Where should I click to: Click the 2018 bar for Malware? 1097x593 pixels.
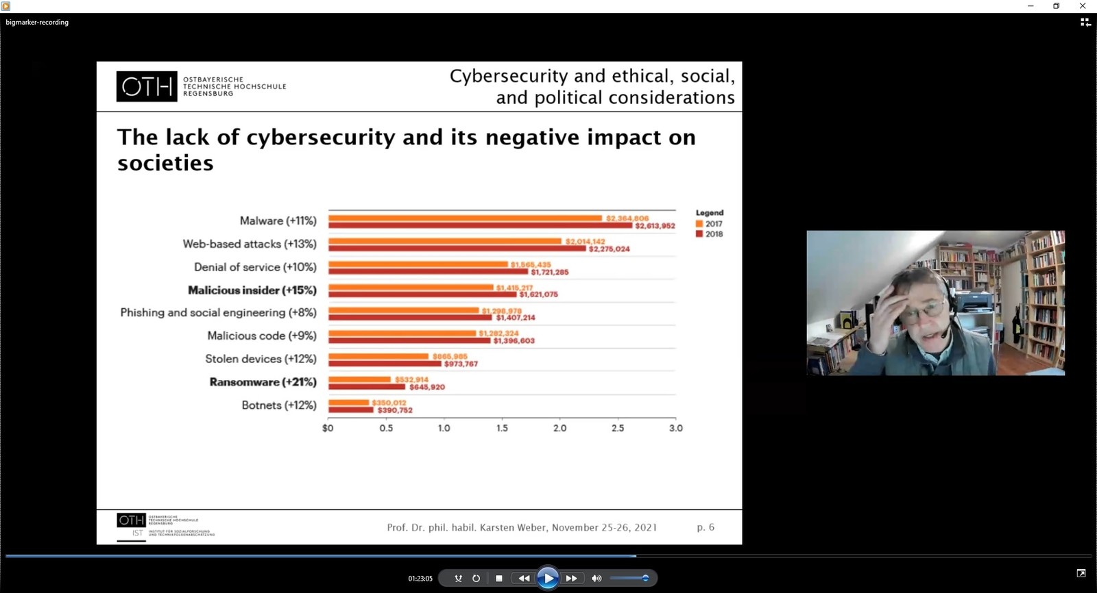[480, 225]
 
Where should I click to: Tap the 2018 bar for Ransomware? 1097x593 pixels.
[366, 387]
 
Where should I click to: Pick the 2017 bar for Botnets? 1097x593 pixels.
[348, 403]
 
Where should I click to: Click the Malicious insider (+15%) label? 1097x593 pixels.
[252, 290]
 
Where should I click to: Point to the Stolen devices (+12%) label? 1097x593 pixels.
[261, 359]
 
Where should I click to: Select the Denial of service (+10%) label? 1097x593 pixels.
[255, 267]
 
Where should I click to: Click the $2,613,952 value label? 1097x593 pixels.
[655, 226]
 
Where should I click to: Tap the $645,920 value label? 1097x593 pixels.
[427, 388]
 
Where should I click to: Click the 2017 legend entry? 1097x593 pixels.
[710, 224]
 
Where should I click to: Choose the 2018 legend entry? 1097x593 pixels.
[710, 234]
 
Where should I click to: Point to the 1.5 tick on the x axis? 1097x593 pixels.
[503, 428]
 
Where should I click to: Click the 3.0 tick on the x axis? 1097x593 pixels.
[676, 428]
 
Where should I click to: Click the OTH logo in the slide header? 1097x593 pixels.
[147, 86]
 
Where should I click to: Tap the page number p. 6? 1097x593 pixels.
[706, 527]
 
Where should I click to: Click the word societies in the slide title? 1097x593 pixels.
[165, 163]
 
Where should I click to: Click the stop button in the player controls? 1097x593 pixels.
[499, 579]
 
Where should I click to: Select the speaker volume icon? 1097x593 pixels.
[596, 579]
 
